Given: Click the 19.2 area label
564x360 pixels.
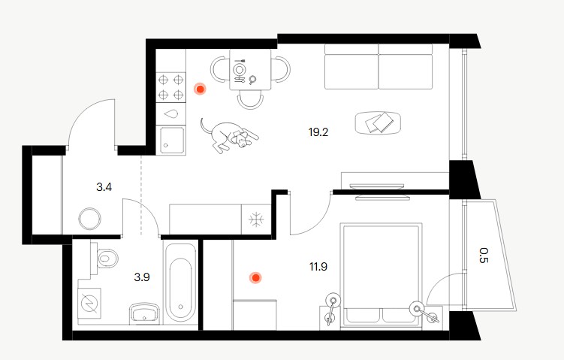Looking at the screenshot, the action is (318, 132).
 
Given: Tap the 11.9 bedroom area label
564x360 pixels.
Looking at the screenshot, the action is (318, 267).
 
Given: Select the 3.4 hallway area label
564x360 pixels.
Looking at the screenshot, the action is (104, 187).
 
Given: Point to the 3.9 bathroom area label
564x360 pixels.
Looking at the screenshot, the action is (142, 277).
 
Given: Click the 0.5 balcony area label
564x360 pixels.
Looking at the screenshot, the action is (484, 256).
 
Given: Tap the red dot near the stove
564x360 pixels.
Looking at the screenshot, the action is (200, 89).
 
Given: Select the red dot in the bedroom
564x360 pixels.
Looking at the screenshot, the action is (255, 278).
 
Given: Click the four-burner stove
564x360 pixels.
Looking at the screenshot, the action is (171, 87).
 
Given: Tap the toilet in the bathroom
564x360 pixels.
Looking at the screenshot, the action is (107, 258).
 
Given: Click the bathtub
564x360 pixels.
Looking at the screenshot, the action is (179, 283).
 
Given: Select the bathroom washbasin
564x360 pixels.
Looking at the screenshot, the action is (144, 313).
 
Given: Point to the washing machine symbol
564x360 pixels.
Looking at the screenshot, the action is (89, 303).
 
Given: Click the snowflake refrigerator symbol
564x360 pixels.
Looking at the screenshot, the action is (256, 219).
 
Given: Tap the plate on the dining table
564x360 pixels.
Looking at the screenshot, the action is (239, 68).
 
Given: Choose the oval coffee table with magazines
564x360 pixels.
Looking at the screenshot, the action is (378, 123).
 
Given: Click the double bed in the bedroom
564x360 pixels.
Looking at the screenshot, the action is (381, 274).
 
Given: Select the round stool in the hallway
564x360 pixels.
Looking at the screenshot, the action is (89, 219).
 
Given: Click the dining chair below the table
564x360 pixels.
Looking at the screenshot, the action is (250, 99).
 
